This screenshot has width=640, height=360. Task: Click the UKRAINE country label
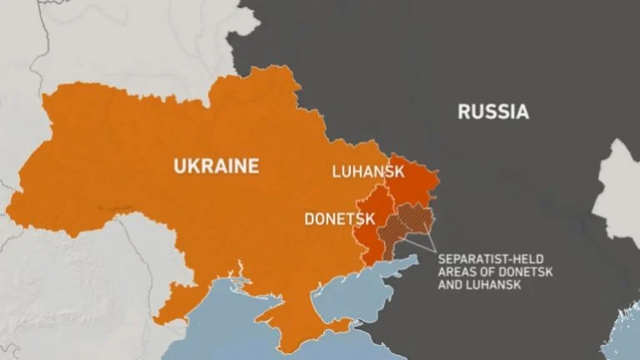[216, 165]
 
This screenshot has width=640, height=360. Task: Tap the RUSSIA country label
[492, 112]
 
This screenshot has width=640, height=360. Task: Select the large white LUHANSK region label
[367, 172]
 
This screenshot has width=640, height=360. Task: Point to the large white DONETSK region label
[337, 219]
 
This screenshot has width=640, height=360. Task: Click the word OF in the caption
[488, 272]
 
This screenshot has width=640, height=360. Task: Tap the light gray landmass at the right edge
[622, 187]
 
